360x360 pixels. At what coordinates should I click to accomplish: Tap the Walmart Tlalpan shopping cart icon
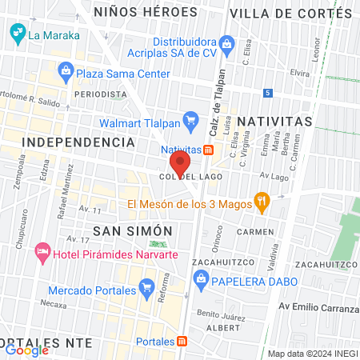[190, 122]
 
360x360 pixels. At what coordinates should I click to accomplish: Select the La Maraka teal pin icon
[16, 34]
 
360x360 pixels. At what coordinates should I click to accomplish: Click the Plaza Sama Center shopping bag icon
[66, 73]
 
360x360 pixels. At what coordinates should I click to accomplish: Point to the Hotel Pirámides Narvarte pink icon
[42, 255]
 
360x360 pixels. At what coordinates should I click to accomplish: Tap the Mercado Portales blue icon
[146, 286]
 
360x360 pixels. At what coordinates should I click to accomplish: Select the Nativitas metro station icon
[208, 150]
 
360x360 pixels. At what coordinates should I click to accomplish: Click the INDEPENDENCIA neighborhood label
[78, 142]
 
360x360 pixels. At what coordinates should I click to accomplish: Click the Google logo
[26, 349]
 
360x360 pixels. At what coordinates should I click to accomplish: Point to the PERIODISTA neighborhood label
[101, 94]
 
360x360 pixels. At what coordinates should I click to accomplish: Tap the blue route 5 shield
[268, 94]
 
